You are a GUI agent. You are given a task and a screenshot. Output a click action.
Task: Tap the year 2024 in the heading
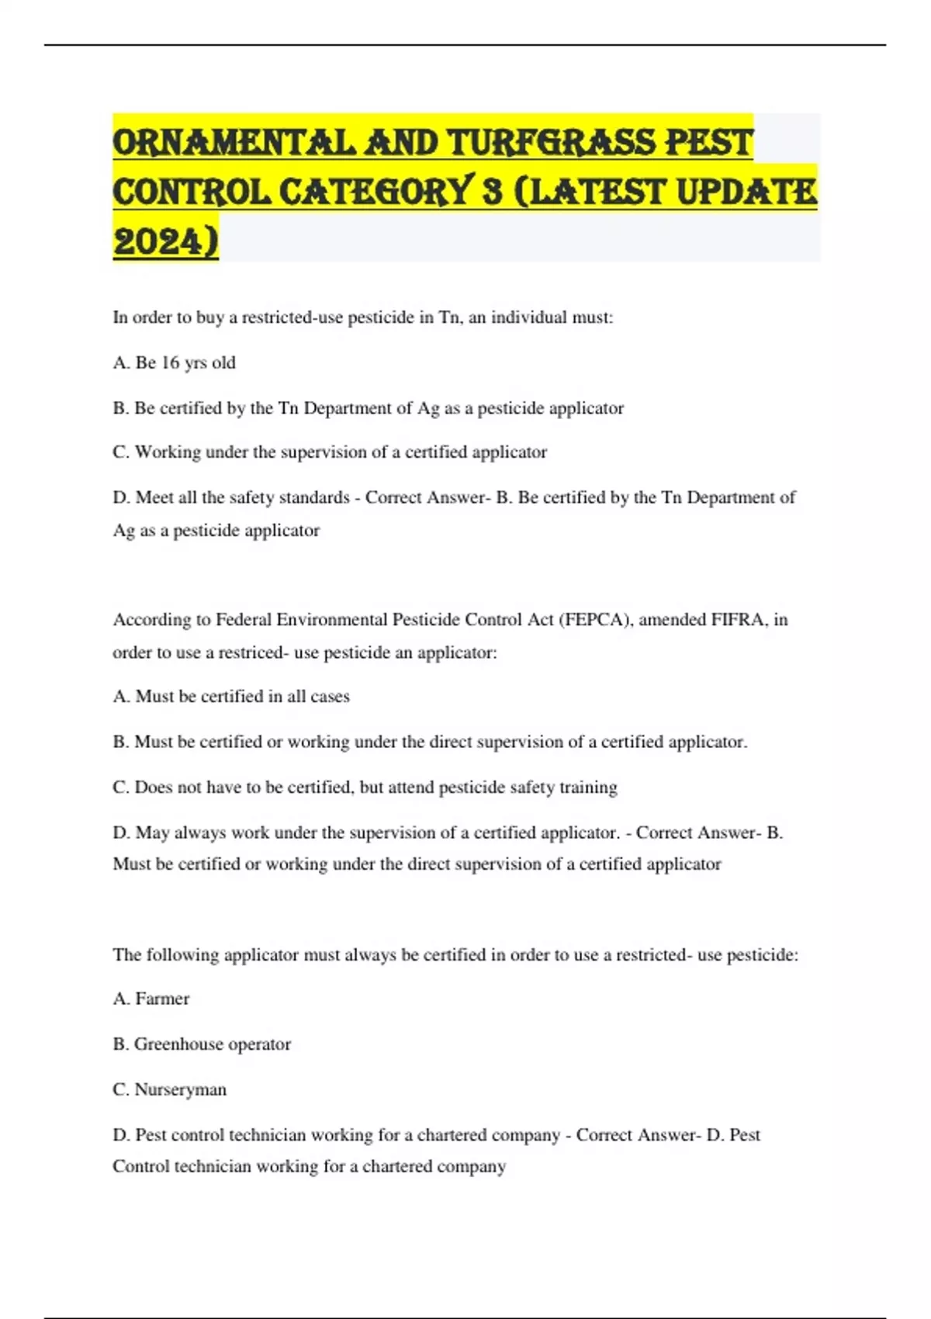[x=165, y=241]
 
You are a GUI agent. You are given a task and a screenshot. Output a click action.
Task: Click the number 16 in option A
[x=170, y=363]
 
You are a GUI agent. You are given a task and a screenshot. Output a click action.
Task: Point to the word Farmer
[x=162, y=999]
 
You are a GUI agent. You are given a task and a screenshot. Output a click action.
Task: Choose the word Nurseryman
[x=181, y=1089]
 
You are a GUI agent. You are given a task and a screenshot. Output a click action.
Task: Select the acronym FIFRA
[x=739, y=619]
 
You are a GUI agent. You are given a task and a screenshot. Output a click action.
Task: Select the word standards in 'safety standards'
[x=313, y=497]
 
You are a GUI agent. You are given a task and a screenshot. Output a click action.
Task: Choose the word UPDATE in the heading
[x=747, y=192]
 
